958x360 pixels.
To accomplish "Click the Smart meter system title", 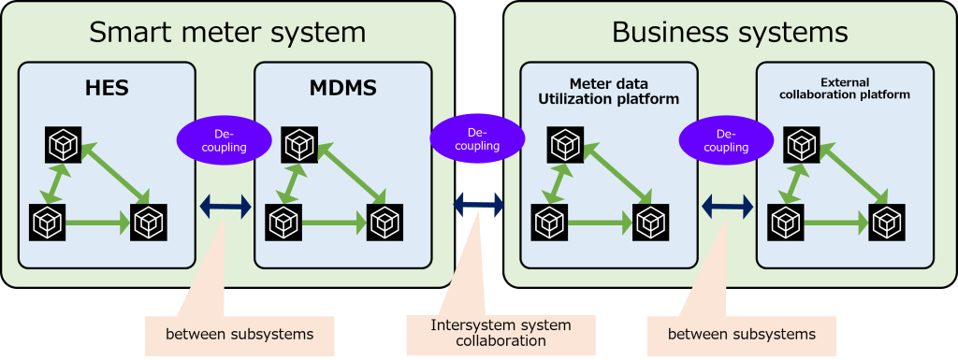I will coord(227,33).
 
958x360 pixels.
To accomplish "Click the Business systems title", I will coord(730,33).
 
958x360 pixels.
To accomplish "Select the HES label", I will coord(107,90).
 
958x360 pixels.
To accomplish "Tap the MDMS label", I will coord(342,90).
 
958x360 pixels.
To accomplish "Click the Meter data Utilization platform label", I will coord(609,91).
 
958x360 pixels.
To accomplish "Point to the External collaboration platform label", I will coord(844,89).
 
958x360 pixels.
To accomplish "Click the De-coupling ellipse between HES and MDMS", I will coord(224,140).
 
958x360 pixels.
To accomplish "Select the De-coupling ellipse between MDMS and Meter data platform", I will coord(477,138).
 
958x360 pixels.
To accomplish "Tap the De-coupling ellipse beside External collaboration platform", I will coord(726,140).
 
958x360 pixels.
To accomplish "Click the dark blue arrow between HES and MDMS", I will coord(225,207).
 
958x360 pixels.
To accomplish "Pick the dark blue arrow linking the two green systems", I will coord(478,205).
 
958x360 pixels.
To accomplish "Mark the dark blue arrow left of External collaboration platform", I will coord(727,207).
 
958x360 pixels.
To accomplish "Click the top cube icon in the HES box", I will coord(64,144).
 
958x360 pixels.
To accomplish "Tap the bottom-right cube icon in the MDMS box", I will coord(384,223).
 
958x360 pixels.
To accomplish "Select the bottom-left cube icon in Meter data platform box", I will coord(550,223).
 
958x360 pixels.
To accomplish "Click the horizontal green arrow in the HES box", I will coord(97,223).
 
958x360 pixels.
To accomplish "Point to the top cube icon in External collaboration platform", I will coord(802,144).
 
